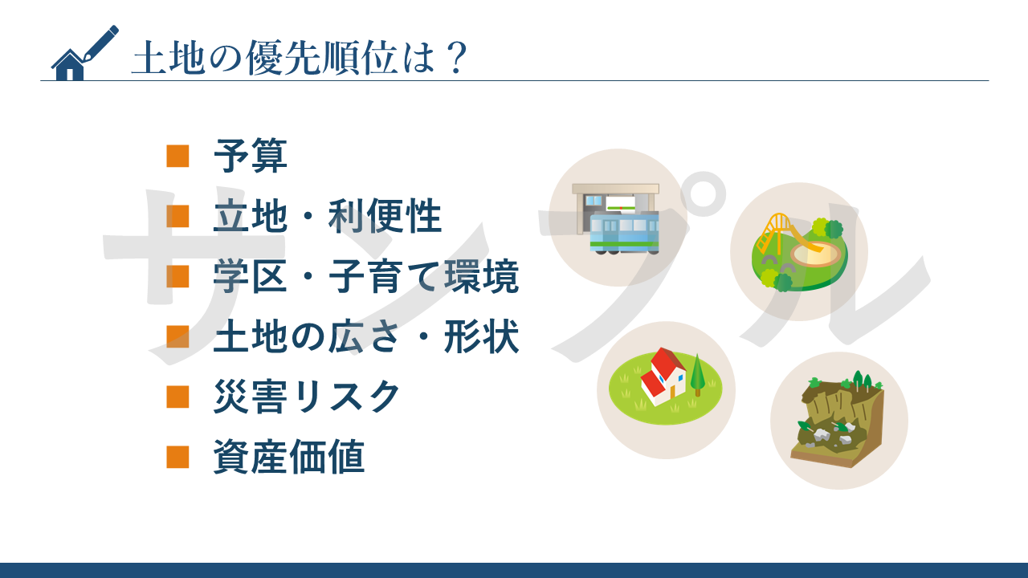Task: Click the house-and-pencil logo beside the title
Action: pyautogui.click(x=84, y=53)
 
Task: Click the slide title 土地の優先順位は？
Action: pyautogui.click(x=300, y=59)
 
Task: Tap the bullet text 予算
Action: pyautogui.click(x=251, y=156)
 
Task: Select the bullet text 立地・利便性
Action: pyautogui.click(x=328, y=216)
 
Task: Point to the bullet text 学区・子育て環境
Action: pyautogui.click(x=366, y=276)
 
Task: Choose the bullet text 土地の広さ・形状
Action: pyautogui.click(x=366, y=336)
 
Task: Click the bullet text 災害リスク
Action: pyautogui.click(x=308, y=397)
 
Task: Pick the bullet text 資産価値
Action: pyautogui.click(x=289, y=457)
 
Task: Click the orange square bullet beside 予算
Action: pyautogui.click(x=177, y=156)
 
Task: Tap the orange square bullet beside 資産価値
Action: pyautogui.click(x=177, y=457)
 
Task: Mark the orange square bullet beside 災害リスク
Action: pyautogui.click(x=177, y=397)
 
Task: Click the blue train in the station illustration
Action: pyautogui.click(x=624, y=233)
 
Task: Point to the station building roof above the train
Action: pyautogui.click(x=615, y=189)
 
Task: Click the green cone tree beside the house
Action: pyautogui.click(x=698, y=375)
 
